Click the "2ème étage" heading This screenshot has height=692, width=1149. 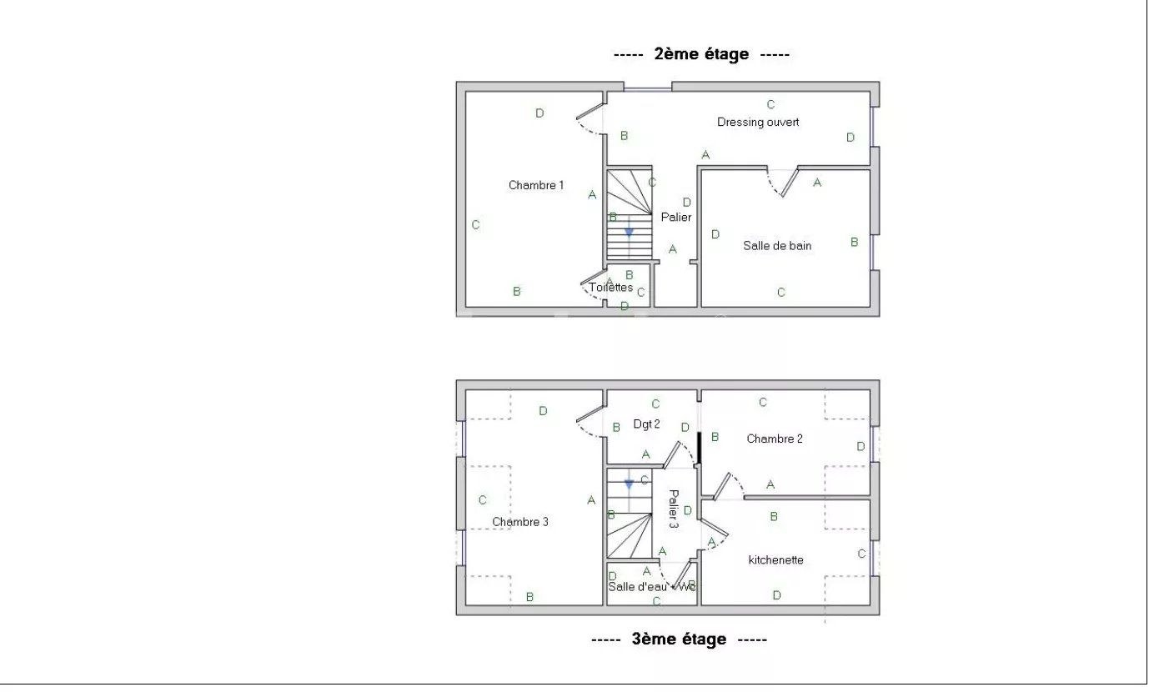(x=701, y=54)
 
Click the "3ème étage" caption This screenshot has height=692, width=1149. (x=679, y=639)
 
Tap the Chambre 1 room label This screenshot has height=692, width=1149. (x=536, y=185)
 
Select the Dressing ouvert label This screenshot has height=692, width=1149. (x=758, y=122)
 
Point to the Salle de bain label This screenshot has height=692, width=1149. (x=777, y=246)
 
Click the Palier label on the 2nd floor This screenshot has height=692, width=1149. (x=676, y=217)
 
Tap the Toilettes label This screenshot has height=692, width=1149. (x=611, y=288)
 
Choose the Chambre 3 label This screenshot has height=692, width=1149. (x=520, y=522)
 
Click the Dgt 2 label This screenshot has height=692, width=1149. (x=646, y=424)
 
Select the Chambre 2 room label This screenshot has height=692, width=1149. (x=775, y=439)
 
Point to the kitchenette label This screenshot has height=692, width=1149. (x=775, y=559)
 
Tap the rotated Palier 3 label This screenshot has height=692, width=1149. (x=673, y=509)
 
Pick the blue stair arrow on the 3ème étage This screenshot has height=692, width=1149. (x=630, y=483)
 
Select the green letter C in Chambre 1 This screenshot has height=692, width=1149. (x=475, y=225)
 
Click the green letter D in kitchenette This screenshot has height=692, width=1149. (x=776, y=595)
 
